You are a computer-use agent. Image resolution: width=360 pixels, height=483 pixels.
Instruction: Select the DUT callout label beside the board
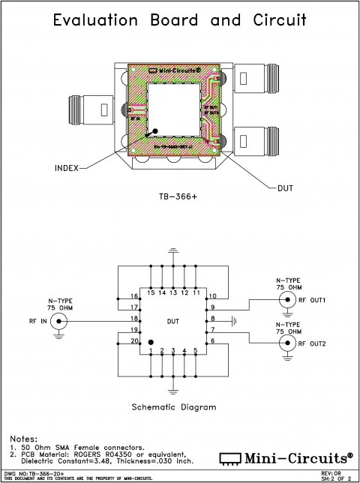pos(285,187)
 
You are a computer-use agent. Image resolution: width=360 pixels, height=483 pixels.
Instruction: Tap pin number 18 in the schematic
pos(135,319)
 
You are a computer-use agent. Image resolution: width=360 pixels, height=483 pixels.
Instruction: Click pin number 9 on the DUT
pos(212,307)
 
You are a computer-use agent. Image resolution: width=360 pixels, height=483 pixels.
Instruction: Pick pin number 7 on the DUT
pos(212,330)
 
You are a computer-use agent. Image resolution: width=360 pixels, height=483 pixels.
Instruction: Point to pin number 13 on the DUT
pos(173,292)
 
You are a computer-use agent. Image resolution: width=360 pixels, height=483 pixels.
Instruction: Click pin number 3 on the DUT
pos(173,351)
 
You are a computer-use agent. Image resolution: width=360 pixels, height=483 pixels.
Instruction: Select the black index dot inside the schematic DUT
pos(151,342)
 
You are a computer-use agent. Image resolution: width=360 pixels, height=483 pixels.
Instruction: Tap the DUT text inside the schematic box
pos(173,321)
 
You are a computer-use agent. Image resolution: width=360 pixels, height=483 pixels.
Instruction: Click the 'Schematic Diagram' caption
pos(173,407)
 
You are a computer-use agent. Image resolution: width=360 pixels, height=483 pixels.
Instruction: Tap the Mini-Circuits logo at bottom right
pos(286,458)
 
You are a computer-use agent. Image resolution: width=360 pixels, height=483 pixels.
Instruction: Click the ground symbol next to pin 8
pos(234,320)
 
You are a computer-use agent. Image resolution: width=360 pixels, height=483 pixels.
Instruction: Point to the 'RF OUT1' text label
pos(313,300)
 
